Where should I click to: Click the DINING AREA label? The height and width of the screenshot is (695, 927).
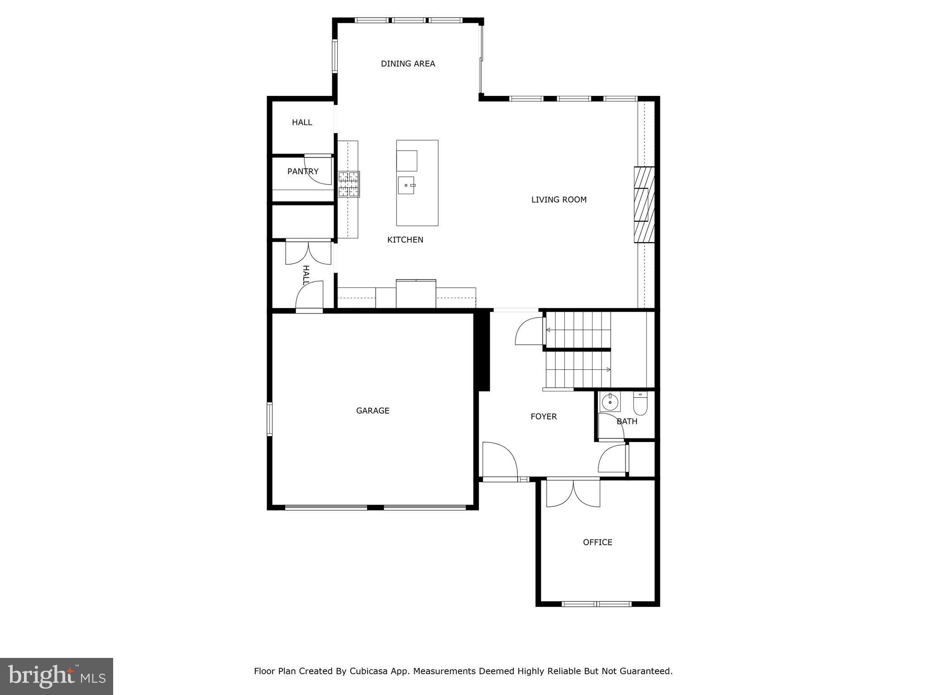(x=408, y=64)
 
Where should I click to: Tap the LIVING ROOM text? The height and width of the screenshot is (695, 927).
(x=559, y=200)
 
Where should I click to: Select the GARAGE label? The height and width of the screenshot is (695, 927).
(x=373, y=411)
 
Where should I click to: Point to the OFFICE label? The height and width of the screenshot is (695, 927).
(x=597, y=542)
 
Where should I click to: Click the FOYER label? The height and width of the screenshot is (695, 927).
(x=544, y=416)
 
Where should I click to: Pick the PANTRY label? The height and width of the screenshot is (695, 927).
(x=303, y=171)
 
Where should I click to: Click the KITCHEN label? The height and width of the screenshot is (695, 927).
(x=405, y=240)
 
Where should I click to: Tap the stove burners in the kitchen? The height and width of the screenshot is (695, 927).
(x=349, y=184)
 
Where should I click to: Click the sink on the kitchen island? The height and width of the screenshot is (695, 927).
(x=406, y=186)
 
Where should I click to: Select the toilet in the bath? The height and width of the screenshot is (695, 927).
(x=640, y=404)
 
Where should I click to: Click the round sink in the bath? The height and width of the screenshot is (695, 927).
(x=610, y=402)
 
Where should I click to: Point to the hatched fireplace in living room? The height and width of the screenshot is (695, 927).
(x=644, y=205)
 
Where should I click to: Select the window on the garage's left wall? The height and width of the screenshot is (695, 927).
(x=269, y=419)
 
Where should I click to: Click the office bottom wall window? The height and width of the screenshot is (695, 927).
(x=596, y=604)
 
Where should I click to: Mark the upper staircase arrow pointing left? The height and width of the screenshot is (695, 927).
(x=549, y=330)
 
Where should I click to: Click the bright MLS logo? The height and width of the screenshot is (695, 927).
(x=57, y=676)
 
